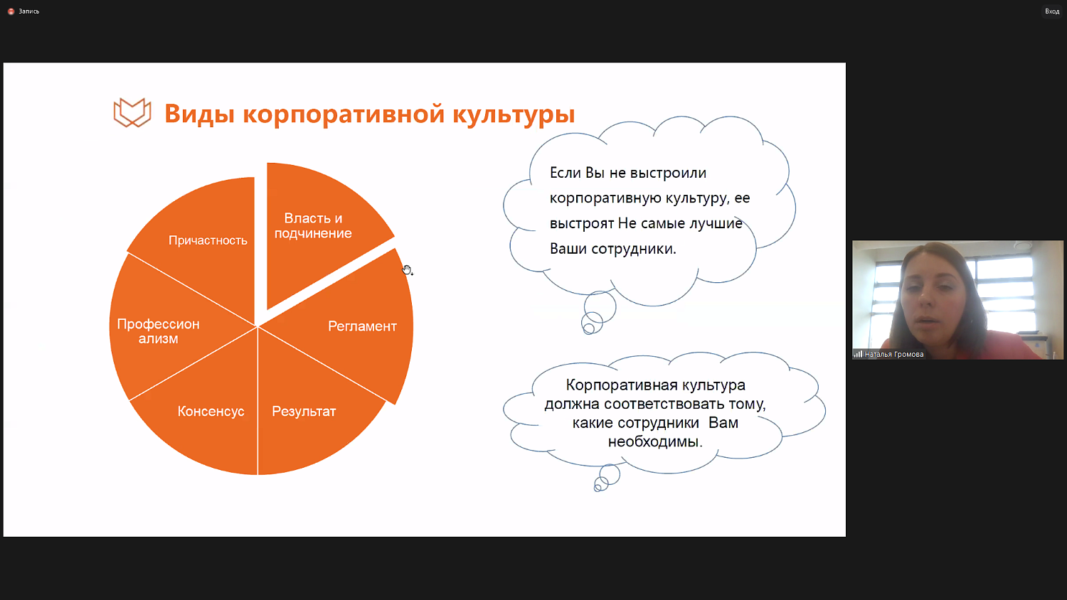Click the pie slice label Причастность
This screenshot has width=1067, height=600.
point(208,240)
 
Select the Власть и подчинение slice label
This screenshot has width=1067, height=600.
point(313,225)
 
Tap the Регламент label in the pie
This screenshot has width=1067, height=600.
point(362,326)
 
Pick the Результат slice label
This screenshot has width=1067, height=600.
point(304,412)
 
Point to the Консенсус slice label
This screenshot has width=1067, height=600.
point(211,412)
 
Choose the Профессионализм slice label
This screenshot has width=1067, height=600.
point(158,331)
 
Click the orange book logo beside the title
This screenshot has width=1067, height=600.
point(132,113)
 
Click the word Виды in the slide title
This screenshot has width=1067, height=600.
point(199,114)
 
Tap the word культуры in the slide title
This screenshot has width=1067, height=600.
point(514,114)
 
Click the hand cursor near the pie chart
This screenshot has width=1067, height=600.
point(407,269)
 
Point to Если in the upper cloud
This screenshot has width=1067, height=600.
point(565,173)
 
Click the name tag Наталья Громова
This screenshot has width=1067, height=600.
point(893,354)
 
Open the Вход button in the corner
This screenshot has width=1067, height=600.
point(1051,11)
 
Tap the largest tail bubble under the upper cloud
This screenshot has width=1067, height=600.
point(600,306)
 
